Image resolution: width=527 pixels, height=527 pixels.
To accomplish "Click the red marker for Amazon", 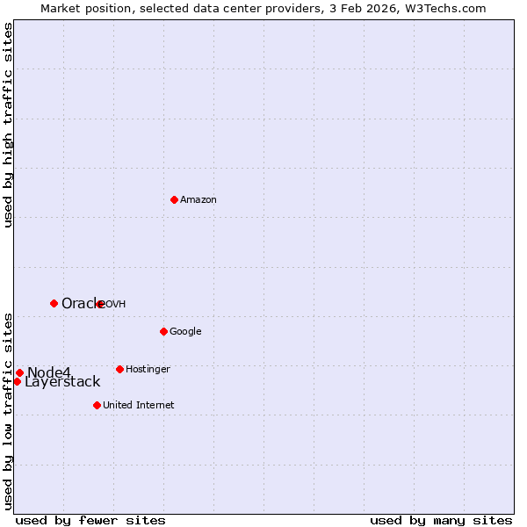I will point(174,199).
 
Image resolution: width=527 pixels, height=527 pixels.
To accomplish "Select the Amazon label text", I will point(199,200).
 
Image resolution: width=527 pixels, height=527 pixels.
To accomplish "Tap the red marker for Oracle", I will point(54,303).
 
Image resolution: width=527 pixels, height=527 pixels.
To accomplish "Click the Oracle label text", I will point(82,303).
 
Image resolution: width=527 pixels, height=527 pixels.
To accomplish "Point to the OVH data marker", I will point(100,304).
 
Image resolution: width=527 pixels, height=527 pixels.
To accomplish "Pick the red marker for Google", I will point(163,331).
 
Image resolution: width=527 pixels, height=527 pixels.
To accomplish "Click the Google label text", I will point(185,332).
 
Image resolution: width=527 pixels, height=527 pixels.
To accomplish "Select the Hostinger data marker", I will point(119,369).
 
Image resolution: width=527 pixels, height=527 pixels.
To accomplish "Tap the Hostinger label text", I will point(148,370).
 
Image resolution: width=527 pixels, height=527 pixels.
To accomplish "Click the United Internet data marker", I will point(97,405).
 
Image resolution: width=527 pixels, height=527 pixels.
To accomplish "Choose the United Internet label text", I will point(138,406).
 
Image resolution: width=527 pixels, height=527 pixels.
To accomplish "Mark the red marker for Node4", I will point(19,372).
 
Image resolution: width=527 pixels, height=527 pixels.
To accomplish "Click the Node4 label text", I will point(48,372).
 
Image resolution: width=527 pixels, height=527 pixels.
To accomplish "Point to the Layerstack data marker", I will point(17,381).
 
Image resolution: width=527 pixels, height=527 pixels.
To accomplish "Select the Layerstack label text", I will point(62,382).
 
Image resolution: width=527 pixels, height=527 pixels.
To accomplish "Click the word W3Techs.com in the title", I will point(449,8).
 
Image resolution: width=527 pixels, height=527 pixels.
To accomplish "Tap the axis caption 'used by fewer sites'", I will point(90,520).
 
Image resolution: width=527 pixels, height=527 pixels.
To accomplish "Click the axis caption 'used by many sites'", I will point(441,520).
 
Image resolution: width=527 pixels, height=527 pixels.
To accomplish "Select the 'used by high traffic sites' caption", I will point(8,126).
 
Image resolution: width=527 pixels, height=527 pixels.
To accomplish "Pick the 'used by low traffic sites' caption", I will point(8,411).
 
